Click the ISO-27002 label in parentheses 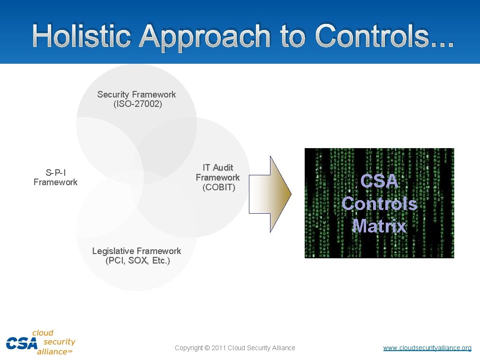[138, 104]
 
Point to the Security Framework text [136, 94]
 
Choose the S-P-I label [56, 172]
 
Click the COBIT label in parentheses [219, 187]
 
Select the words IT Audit [218, 167]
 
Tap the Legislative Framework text [136, 251]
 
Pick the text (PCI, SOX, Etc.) [138, 261]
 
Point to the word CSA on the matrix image [380, 181]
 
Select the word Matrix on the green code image [380, 226]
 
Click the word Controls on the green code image [380, 203]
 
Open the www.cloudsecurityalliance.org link [427, 348]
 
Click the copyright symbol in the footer [207, 348]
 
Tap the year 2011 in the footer [219, 348]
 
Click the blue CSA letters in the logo [21, 343]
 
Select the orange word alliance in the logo [52, 352]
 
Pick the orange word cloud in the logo [43, 333]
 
